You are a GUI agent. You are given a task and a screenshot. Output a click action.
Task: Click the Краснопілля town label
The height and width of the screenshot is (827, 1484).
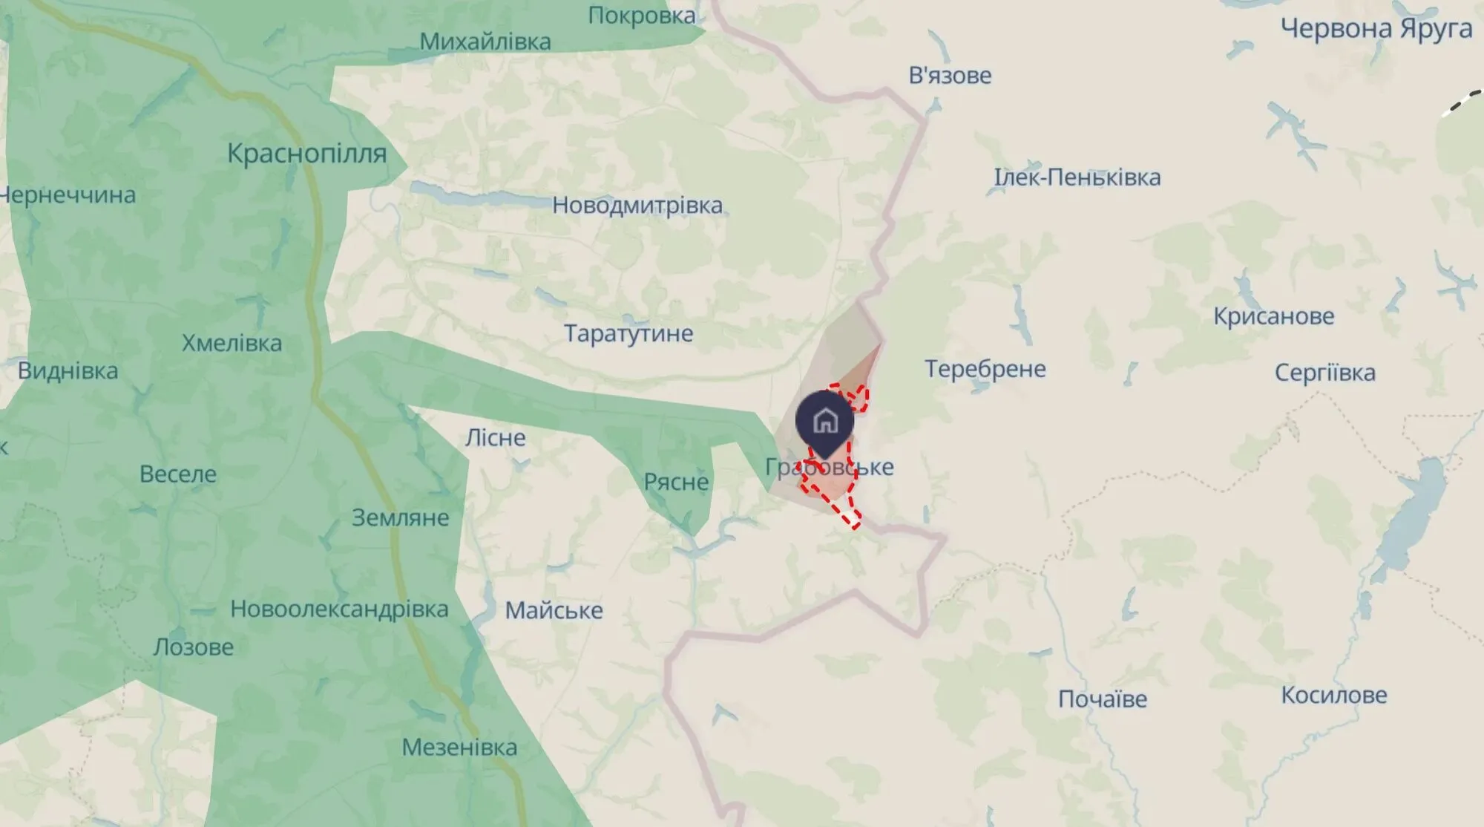click(x=306, y=154)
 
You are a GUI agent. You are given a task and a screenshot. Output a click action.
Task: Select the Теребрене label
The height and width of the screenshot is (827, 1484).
click(x=985, y=369)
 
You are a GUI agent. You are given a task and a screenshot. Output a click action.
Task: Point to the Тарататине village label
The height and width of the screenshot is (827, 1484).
click(x=628, y=333)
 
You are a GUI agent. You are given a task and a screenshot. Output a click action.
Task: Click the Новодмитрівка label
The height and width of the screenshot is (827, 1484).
click(x=637, y=205)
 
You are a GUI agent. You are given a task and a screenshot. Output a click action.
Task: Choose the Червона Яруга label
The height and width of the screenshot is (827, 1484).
click(x=1376, y=28)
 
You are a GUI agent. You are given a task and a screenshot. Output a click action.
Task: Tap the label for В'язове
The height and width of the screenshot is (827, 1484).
click(x=950, y=75)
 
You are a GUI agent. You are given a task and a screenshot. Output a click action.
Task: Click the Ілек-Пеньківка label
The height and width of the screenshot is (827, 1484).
click(x=1077, y=177)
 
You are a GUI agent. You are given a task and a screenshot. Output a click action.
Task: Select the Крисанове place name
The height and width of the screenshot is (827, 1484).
click(x=1274, y=316)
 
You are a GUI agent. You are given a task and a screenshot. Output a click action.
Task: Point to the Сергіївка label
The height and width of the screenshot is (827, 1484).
click(x=1324, y=372)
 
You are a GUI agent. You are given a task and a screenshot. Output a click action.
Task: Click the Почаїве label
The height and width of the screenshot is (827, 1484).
click(x=1103, y=699)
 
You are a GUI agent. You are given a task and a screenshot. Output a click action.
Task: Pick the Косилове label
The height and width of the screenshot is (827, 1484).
click(x=1334, y=695)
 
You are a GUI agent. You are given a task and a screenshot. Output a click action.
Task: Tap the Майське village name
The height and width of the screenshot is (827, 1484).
click(x=554, y=610)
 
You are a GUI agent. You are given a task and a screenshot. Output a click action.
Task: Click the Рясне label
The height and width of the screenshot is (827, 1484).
click(x=676, y=482)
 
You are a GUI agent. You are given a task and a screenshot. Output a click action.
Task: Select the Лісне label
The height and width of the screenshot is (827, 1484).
click(x=495, y=437)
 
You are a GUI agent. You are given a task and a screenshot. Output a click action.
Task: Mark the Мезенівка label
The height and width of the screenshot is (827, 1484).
click(x=459, y=747)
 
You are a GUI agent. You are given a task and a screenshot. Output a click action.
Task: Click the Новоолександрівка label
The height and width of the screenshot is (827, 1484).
click(x=339, y=609)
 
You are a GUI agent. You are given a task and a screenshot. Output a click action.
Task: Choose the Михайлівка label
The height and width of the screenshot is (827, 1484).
click(x=485, y=42)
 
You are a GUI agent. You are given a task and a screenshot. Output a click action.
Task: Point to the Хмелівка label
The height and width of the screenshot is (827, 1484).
click(x=232, y=343)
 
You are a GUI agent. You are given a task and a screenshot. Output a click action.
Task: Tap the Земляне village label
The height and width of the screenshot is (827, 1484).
click(x=400, y=517)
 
